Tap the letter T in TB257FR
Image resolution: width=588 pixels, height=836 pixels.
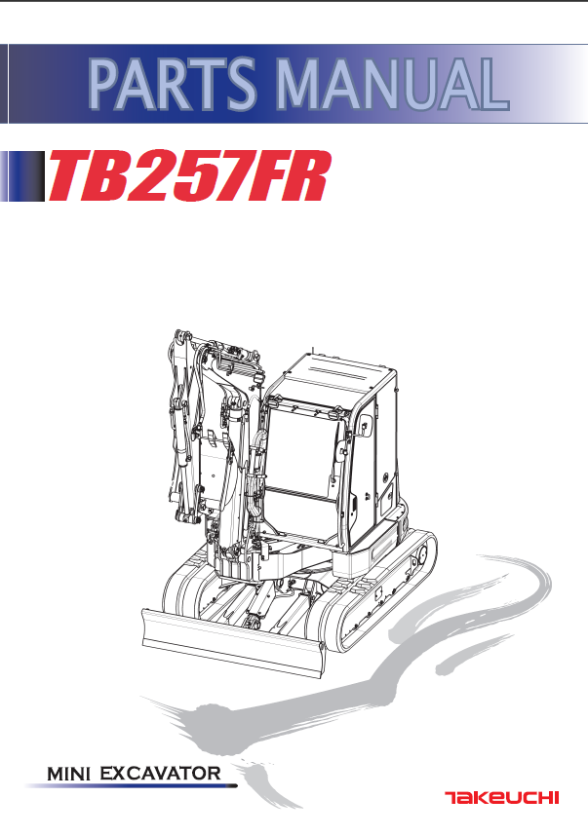pyautogui.click(x=69, y=176)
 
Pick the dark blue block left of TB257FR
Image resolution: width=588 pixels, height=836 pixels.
pyautogui.click(x=23, y=176)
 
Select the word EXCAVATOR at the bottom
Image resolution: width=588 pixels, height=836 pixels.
pyautogui.click(x=160, y=773)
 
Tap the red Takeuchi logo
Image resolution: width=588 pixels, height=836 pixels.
pyautogui.click(x=501, y=798)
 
